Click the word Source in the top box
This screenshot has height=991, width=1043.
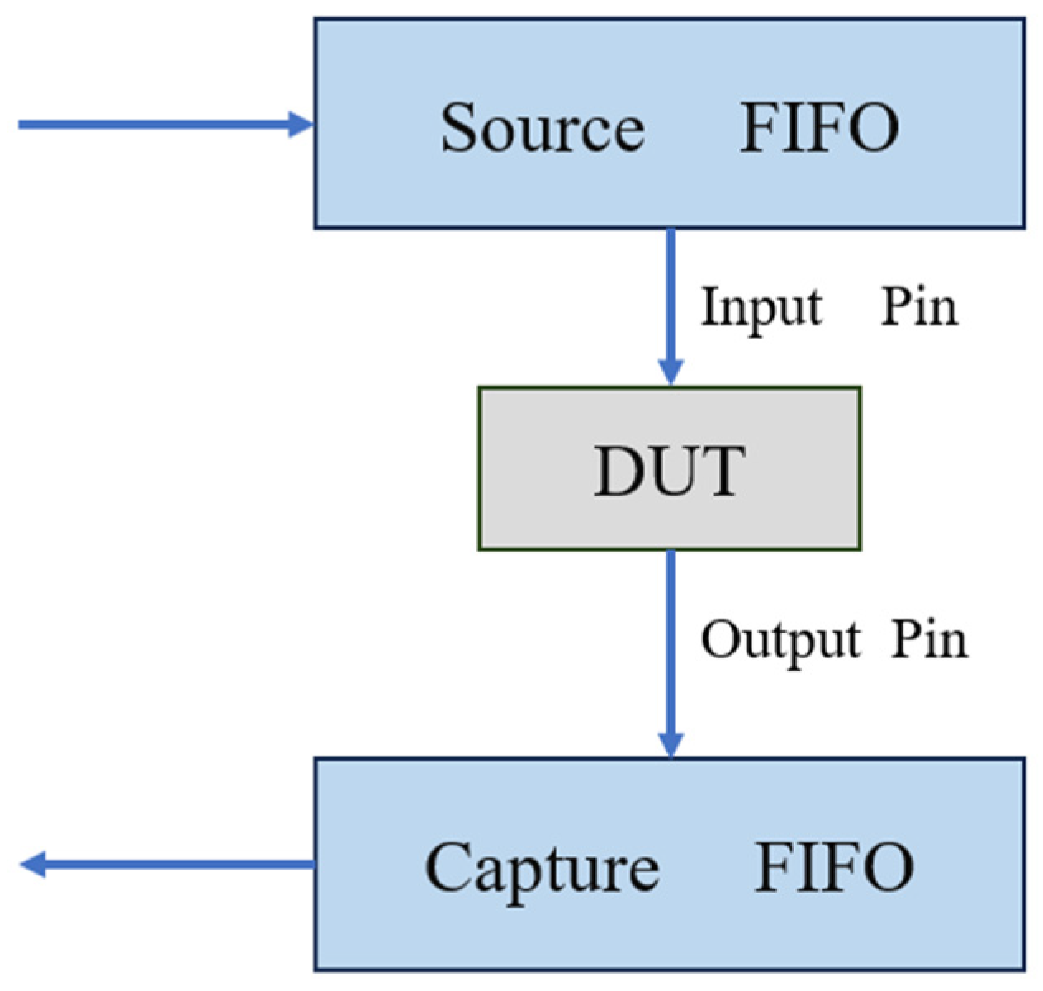pos(542,127)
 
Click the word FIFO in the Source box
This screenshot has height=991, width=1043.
pos(818,127)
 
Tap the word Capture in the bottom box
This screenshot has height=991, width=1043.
pos(542,868)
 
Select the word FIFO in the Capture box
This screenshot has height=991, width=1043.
pos(834,866)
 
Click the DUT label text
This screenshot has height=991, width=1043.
pos(669,470)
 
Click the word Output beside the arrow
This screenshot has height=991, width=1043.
pos(780,640)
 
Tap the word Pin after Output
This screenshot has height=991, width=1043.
pos(929,640)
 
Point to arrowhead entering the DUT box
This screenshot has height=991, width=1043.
pos(671,373)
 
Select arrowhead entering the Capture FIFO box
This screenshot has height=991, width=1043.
pos(671,745)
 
